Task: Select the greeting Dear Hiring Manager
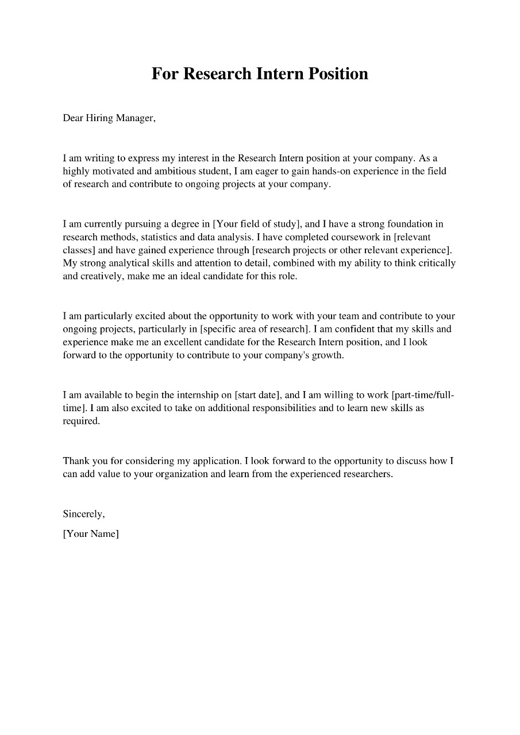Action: (109, 118)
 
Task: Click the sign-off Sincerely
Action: (83, 514)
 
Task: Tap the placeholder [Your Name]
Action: (91, 534)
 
